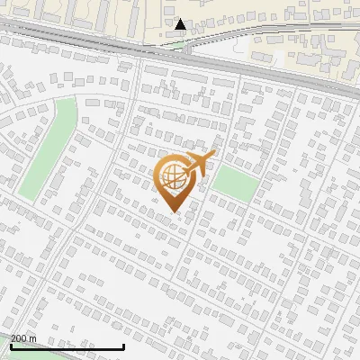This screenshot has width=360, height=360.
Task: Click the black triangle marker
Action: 181,24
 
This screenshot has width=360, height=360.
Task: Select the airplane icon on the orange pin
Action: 200,163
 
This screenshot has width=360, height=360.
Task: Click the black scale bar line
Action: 67,346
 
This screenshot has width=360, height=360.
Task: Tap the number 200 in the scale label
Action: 20,338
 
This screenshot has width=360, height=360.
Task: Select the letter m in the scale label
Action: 33,338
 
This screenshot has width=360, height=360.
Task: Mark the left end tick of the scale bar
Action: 10,345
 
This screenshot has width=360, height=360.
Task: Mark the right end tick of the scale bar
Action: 123,345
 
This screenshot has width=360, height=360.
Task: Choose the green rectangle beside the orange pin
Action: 236,183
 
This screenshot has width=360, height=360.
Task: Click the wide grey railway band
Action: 180,54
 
